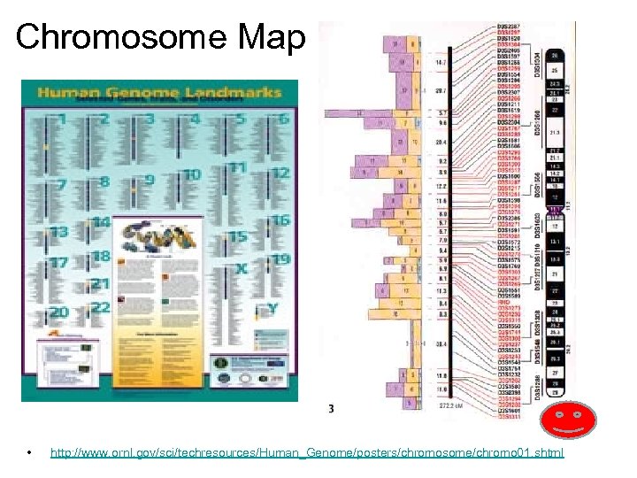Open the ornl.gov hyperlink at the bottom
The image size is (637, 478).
point(306,454)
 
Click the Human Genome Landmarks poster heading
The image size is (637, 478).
point(159,93)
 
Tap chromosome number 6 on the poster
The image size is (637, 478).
point(283,119)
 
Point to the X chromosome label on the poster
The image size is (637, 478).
point(241,267)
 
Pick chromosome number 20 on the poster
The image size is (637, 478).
point(59,312)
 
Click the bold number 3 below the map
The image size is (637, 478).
point(330,409)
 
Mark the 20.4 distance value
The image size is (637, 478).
point(442,142)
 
